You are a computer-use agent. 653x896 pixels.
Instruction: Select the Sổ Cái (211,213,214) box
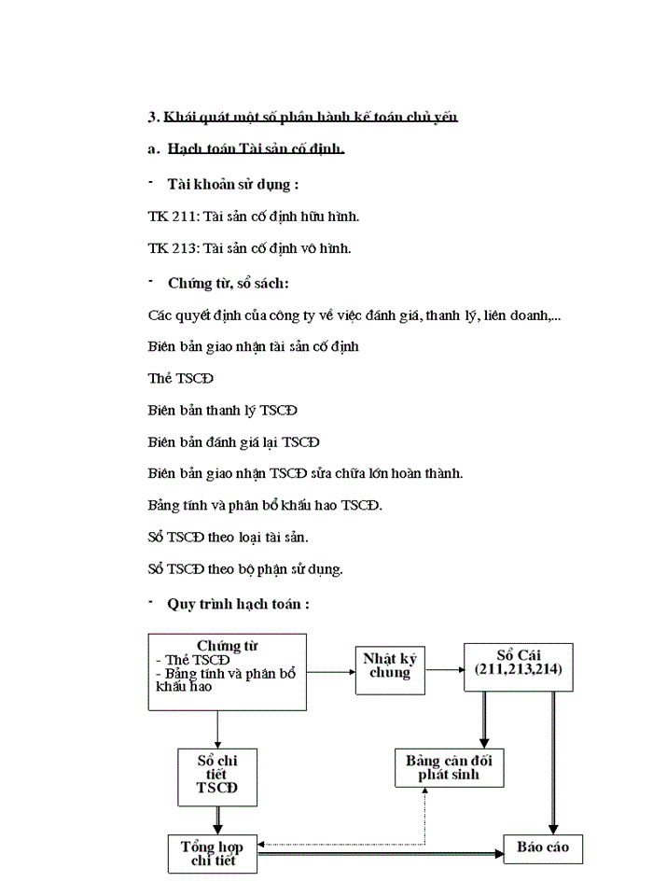(x=518, y=666)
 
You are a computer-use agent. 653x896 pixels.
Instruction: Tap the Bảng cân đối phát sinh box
(x=450, y=767)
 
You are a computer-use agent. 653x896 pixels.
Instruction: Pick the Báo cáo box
(x=543, y=847)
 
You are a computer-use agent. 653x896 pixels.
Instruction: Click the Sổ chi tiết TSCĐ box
(x=217, y=776)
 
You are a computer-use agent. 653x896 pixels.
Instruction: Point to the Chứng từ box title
(x=228, y=646)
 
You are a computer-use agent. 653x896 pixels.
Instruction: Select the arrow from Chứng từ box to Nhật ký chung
(x=331, y=670)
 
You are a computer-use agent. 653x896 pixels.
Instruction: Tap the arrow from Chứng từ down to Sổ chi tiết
(x=217, y=728)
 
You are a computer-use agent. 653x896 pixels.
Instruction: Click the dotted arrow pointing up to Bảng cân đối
(x=424, y=817)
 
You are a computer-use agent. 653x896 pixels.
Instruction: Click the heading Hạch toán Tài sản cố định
(x=256, y=148)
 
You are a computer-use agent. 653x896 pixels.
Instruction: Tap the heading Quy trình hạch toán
(x=238, y=604)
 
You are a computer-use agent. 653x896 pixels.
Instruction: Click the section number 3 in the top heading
(x=152, y=117)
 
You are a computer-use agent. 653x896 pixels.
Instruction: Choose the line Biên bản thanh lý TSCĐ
(x=223, y=410)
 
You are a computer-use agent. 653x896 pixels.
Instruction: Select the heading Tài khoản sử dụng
(x=233, y=184)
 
